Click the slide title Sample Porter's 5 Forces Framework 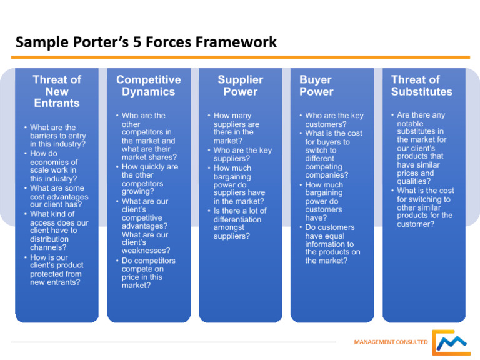146,42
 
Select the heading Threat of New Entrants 57,91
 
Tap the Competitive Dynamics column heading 148,86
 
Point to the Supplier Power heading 240,86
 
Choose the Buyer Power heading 316,86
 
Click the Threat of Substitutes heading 421,86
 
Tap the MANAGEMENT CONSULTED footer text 391,342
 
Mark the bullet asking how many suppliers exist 238,128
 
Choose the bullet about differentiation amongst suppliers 239,224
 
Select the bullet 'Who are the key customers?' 334,120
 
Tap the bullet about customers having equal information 332,244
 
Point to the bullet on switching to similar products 425,207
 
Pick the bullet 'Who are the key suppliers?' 242,155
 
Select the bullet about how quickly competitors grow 149,179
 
